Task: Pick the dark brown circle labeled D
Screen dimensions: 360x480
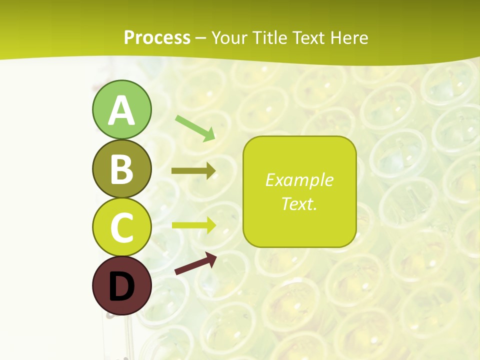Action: (x=121, y=286)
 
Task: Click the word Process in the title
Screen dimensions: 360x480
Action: (x=157, y=38)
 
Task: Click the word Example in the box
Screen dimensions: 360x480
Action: (x=299, y=180)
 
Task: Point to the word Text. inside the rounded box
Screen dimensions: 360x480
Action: (x=299, y=203)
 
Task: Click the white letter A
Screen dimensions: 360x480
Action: (x=121, y=110)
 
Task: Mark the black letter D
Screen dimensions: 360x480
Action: (x=121, y=286)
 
